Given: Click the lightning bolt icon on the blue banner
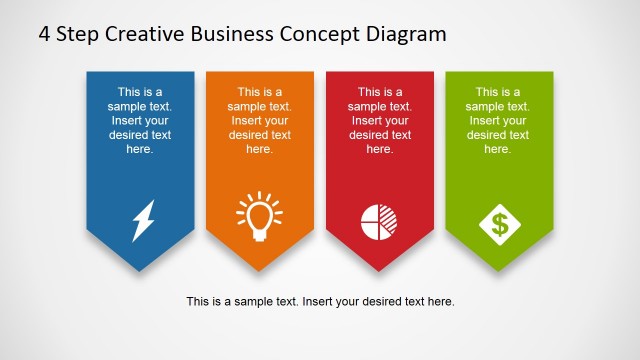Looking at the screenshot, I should (x=143, y=221).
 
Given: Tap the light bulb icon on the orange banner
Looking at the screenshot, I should (x=259, y=219).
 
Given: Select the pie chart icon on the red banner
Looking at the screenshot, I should (x=378, y=221).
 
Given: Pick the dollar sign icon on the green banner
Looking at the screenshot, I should (x=498, y=221).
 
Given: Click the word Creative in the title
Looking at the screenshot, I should (x=146, y=33).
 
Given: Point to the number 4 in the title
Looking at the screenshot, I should (x=45, y=33).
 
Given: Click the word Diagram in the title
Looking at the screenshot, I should (x=405, y=33).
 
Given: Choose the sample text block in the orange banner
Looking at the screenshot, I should (x=259, y=120).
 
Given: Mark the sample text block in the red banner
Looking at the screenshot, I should (x=379, y=120).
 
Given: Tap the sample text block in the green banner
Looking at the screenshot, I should (x=498, y=120).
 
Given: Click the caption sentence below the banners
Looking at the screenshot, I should (x=320, y=301).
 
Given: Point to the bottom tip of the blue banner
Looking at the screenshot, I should (x=139, y=269).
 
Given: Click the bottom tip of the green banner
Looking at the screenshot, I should (x=498, y=269).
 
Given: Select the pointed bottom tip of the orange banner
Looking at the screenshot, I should (x=259, y=269).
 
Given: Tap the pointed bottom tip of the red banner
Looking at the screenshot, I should (x=379, y=269).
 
